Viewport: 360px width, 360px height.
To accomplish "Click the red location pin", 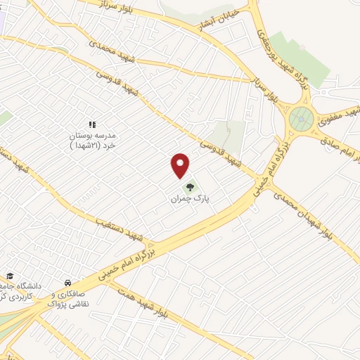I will point(181,165).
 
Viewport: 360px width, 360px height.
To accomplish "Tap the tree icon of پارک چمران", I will point(189,187).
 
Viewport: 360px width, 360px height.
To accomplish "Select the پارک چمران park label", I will point(191,199).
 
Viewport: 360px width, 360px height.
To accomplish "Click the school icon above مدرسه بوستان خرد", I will point(91,124).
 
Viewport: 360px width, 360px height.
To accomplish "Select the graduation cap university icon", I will point(10,276).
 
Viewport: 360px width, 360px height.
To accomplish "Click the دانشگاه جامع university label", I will point(21,291).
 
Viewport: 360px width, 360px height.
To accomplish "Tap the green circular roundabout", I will point(302,120).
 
